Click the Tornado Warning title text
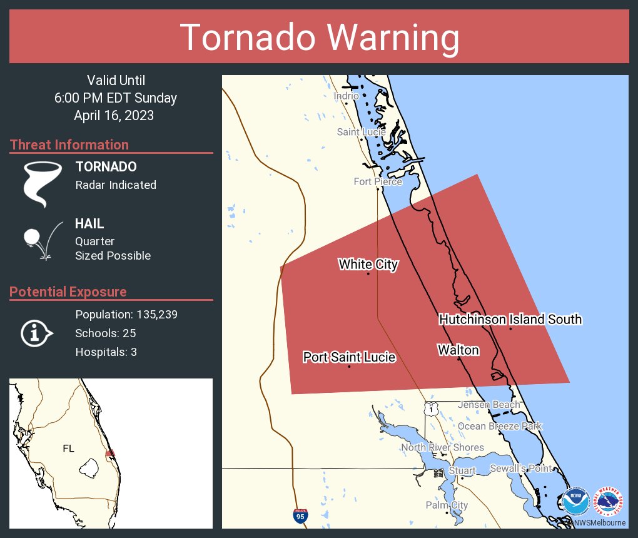tap(319, 38)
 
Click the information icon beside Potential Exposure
tap(36, 333)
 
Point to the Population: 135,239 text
tap(126, 314)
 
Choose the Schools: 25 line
tap(106, 333)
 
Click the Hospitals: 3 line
tap(106, 352)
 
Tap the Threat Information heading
tap(69, 145)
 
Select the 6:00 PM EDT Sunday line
tap(116, 98)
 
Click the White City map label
tap(368, 265)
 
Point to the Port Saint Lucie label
tap(349, 357)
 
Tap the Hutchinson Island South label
tap(510, 320)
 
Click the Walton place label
tap(458, 350)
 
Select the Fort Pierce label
tap(378, 182)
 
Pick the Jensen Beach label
tap(489, 405)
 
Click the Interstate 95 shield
tap(300, 515)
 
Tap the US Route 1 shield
tap(430, 409)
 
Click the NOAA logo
tap(575, 502)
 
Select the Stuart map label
tap(462, 470)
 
